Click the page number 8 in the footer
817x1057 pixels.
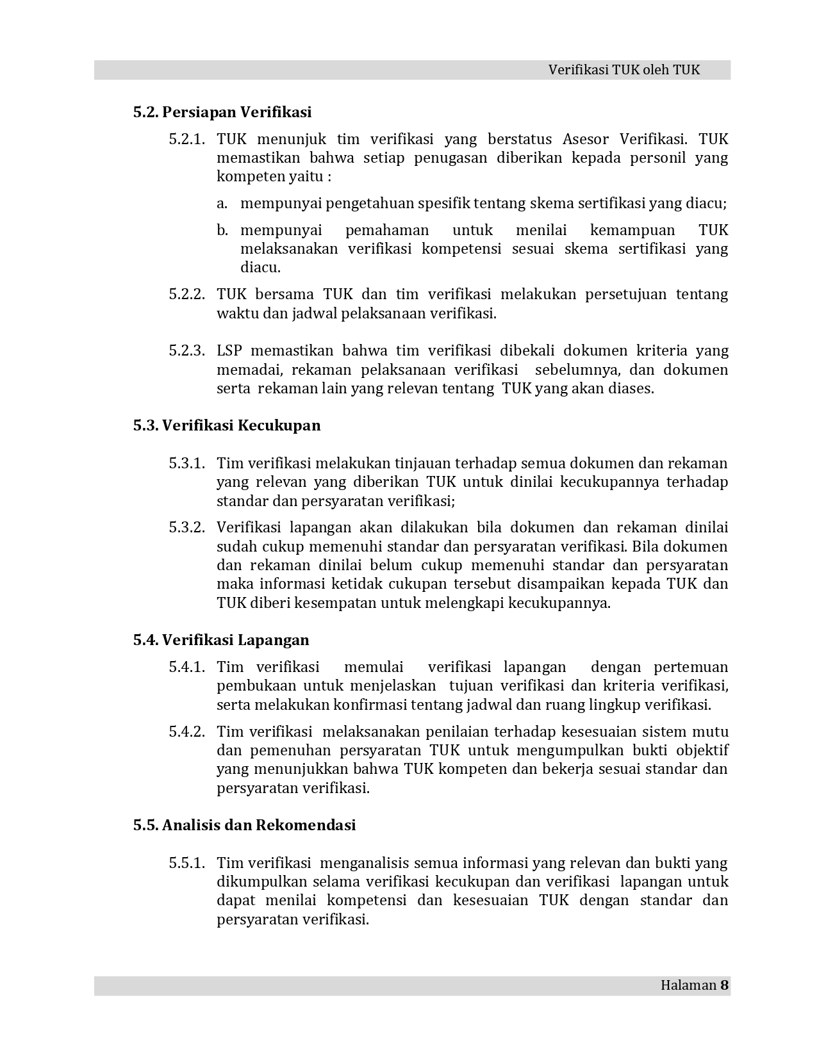725,985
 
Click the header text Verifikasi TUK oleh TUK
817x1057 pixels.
623,70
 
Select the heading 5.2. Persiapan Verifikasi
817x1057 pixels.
222,112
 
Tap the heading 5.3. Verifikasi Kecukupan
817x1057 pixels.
227,425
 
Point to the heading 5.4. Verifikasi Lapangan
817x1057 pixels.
221,640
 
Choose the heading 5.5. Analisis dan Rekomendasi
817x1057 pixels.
244,825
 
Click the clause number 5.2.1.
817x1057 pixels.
187,140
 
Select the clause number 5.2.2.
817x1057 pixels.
187,295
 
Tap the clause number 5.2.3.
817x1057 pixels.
187,351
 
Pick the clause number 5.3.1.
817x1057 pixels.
187,463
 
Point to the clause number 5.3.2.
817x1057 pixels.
187,528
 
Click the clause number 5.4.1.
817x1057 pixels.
187,668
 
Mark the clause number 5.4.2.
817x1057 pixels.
187,732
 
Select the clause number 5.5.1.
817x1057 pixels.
187,864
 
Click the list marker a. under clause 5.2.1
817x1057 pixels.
222,204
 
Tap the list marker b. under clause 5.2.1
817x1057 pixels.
222,231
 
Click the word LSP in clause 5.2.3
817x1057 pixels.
229,351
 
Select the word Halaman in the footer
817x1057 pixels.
688,985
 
